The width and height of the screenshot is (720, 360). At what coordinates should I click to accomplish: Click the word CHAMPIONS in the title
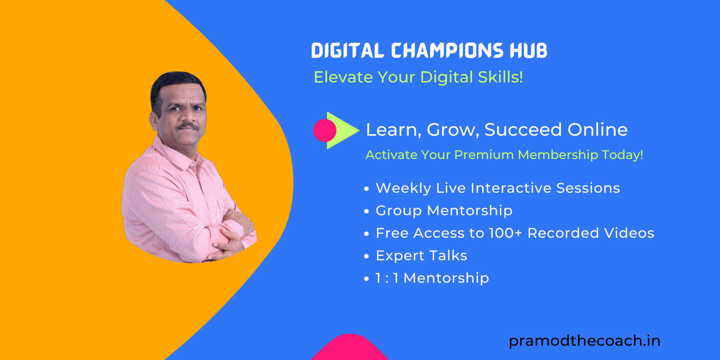click(447, 51)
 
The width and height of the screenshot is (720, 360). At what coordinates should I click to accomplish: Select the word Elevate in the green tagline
click(343, 77)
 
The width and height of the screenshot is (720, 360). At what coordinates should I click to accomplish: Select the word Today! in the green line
click(622, 154)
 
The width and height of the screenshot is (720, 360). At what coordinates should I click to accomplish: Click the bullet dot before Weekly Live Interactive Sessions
click(366, 189)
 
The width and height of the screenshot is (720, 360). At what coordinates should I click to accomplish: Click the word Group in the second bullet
click(398, 211)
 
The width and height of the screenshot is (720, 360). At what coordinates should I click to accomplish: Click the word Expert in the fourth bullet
click(400, 256)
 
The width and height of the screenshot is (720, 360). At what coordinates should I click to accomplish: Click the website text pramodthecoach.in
click(584, 340)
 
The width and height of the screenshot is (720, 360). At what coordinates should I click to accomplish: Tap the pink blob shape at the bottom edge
click(349, 349)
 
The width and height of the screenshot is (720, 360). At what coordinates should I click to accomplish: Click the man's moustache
click(187, 126)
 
